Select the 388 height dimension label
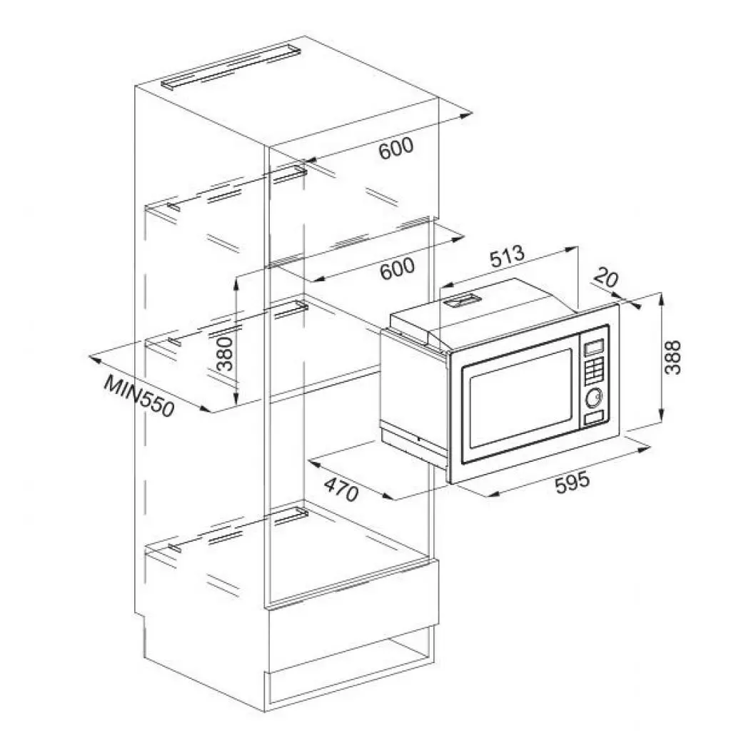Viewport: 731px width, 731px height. (x=673, y=356)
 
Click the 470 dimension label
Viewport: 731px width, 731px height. (x=342, y=488)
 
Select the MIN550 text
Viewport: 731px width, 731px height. (x=138, y=396)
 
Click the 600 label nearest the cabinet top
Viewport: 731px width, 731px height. (x=395, y=148)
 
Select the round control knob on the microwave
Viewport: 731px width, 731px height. (x=593, y=397)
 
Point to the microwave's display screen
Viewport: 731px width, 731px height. (x=593, y=348)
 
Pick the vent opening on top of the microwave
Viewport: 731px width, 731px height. (x=463, y=303)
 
